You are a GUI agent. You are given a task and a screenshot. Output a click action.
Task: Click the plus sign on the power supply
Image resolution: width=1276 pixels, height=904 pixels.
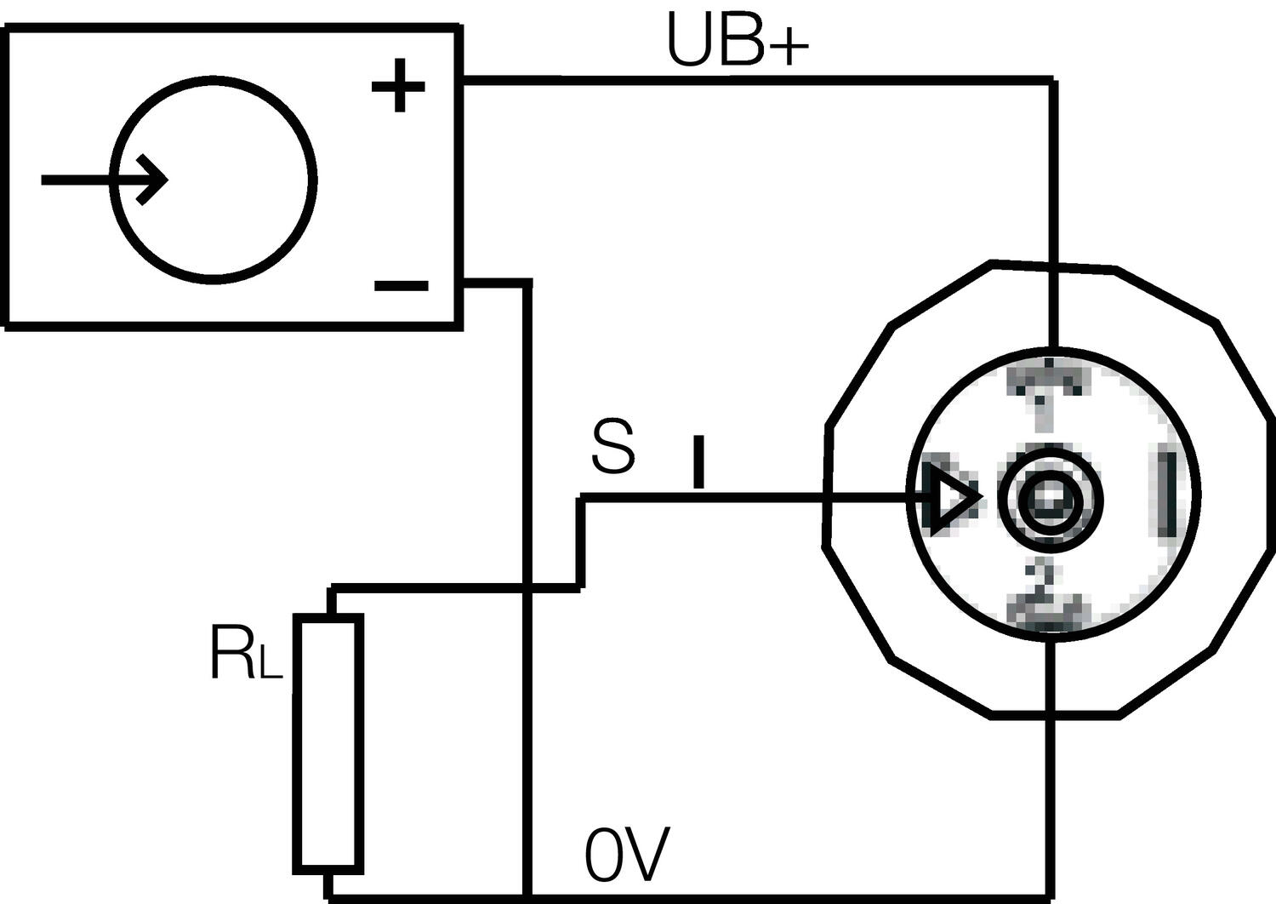pyautogui.click(x=398, y=86)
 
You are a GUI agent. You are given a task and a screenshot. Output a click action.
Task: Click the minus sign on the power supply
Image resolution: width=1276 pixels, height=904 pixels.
pyautogui.click(x=401, y=286)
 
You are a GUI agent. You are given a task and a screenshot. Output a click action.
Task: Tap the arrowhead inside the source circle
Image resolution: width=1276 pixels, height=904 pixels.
pyautogui.click(x=153, y=180)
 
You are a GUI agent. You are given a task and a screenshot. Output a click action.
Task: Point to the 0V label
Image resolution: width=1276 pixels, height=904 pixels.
pyautogui.click(x=627, y=855)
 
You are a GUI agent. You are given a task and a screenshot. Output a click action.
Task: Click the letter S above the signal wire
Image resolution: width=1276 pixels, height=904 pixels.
pyautogui.click(x=613, y=448)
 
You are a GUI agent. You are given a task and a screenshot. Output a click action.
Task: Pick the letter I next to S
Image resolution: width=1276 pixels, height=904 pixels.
pyautogui.click(x=698, y=462)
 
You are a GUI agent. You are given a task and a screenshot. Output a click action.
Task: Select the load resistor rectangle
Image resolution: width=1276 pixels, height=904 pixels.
pyautogui.click(x=328, y=743)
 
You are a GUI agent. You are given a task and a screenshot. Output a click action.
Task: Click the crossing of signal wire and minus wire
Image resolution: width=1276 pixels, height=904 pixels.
pyautogui.click(x=528, y=586)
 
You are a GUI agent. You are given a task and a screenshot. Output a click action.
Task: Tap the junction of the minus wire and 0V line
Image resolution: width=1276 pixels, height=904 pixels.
pyautogui.click(x=528, y=896)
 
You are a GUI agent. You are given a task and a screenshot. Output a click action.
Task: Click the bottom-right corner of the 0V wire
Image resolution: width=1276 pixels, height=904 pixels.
pyautogui.click(x=1051, y=896)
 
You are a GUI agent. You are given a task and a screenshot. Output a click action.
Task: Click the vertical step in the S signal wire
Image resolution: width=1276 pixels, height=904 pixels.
pyautogui.click(x=581, y=542)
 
